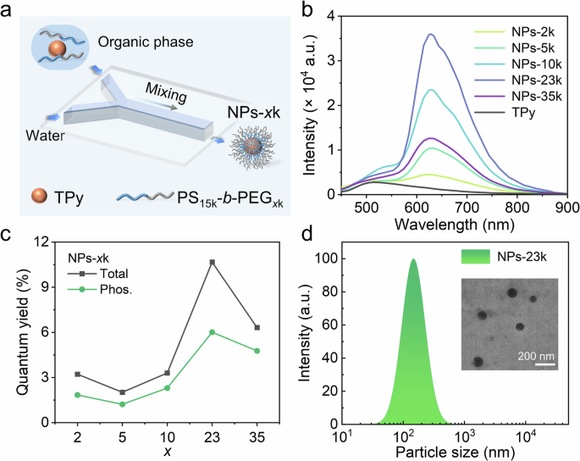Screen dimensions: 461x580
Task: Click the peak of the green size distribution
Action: point(414,260)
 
